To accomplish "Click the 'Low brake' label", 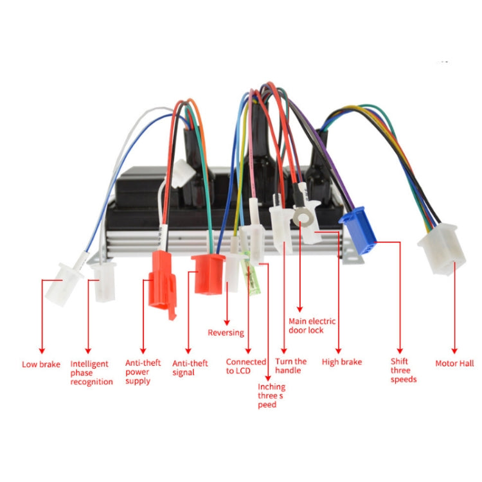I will coord(41,364).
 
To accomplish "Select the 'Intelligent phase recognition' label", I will coord(91,373).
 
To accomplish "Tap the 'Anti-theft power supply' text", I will coord(143,371).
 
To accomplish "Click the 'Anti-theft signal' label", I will coord(190,368).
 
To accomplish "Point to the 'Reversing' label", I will coord(226,332).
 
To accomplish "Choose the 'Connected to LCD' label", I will coord(245,366).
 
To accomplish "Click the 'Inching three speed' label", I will coord(272,395).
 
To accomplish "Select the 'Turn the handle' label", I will coord(291,366).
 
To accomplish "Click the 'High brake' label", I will coord(341,362).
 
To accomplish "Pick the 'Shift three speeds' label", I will coord(404,370).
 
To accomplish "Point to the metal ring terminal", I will coord(302,218).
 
